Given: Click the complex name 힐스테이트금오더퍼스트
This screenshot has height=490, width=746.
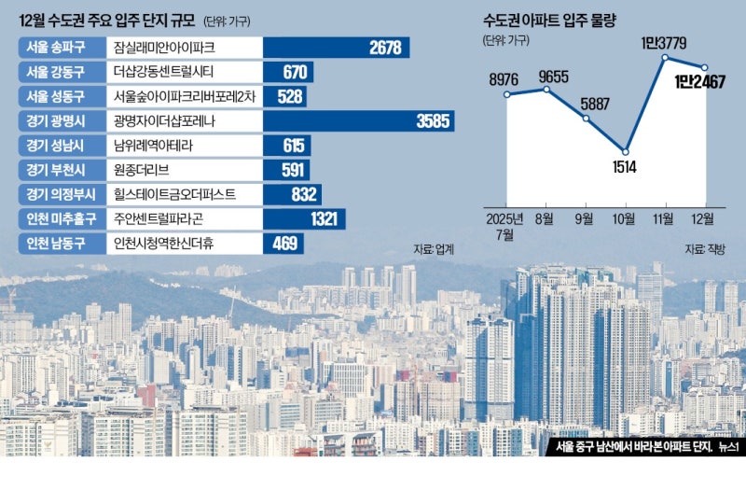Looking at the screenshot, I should point(174,194).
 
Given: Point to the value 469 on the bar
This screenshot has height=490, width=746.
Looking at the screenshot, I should point(283,243).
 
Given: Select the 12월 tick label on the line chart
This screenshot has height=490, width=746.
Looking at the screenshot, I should point(702,218).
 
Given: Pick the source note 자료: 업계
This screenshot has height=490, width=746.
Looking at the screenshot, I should point(434,249).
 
